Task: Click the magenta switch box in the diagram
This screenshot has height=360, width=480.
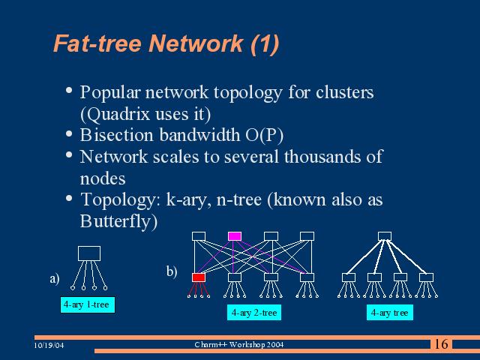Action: click(235, 236)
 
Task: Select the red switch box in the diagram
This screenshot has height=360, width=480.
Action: click(199, 277)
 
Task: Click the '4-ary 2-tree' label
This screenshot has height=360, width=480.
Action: click(254, 313)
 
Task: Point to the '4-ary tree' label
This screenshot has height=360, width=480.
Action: click(389, 313)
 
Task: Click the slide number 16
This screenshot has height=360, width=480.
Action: click(441, 344)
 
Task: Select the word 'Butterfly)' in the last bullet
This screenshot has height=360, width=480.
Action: click(118, 222)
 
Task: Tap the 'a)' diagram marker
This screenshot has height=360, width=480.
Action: click(54, 279)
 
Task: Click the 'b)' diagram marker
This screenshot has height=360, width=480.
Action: click(172, 271)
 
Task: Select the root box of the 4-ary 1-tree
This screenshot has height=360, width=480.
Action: click(89, 253)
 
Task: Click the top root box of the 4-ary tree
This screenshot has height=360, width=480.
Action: click(385, 236)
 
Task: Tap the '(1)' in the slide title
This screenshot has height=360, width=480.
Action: click(264, 44)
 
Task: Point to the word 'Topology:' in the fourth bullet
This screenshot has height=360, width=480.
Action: click(114, 200)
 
